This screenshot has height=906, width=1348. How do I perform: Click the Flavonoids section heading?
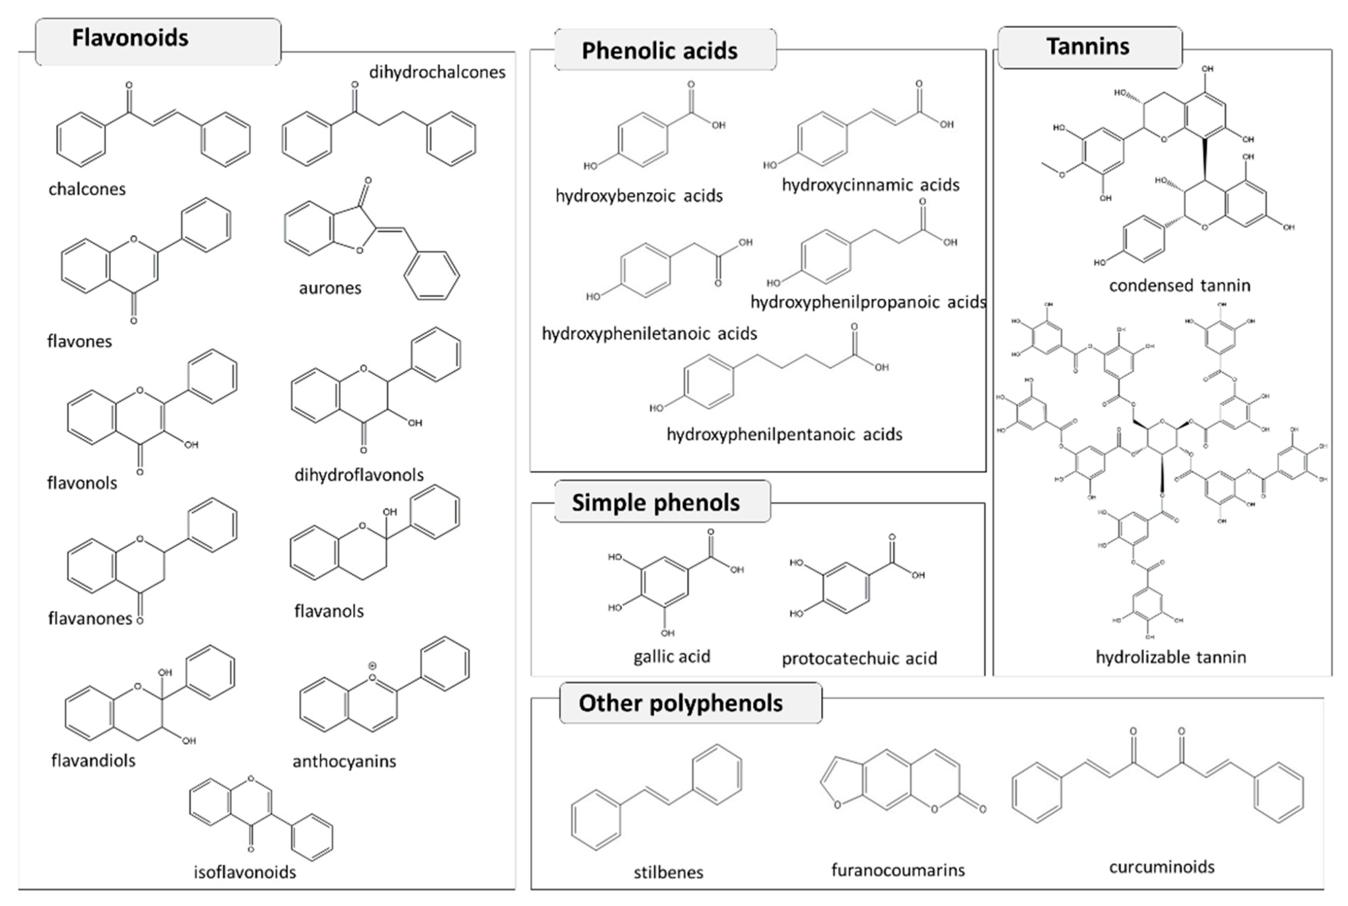coord(130,38)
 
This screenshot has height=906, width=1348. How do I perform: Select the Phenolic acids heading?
coord(659,51)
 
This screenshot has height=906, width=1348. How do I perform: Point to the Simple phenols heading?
coord(656,503)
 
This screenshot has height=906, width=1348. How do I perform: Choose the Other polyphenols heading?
coord(681,703)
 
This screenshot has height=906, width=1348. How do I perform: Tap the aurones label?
coord(330,288)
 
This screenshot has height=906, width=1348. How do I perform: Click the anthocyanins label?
coord(344,761)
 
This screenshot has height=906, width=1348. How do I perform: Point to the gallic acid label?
coord(671,657)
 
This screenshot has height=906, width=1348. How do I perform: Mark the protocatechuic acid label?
coord(859,658)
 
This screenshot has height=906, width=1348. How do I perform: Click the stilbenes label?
coord(669,872)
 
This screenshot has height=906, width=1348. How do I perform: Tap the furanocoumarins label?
coord(898,869)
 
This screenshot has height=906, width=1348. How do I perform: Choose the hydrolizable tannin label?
coord(1171,657)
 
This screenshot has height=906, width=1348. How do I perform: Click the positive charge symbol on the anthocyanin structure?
coord(372,666)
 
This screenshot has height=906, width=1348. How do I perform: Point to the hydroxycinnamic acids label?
coord(870,185)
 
